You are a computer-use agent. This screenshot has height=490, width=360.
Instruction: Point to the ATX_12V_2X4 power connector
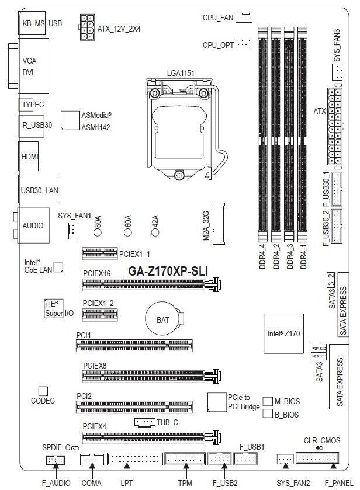click(85, 27)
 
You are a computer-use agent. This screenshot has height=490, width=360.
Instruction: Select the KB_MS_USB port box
click(41, 23)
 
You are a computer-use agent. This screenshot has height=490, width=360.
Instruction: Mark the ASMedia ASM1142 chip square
click(70, 120)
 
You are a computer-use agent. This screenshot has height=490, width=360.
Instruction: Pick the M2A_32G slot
click(219, 223)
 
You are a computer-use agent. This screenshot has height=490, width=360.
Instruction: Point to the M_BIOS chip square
click(268, 401)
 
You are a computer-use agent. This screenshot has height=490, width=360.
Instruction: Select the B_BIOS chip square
click(268, 414)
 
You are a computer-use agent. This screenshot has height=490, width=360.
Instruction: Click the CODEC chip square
click(43, 390)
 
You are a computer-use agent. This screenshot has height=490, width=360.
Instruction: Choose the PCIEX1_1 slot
click(99, 254)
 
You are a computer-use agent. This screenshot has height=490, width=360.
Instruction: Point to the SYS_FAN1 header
click(72, 231)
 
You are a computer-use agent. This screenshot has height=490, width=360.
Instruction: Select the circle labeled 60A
click(127, 232)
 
